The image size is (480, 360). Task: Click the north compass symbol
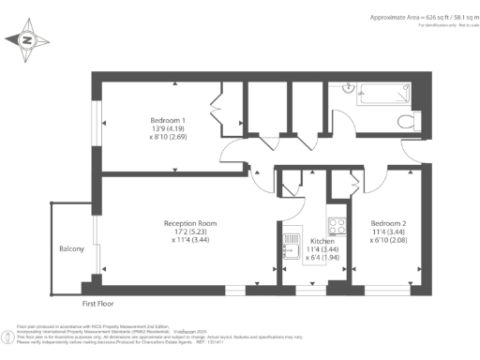26,40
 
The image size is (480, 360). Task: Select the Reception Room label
190,223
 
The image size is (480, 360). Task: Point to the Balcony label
71,248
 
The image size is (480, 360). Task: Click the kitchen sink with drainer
290,247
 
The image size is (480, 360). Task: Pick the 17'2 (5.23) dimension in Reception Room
190,232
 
